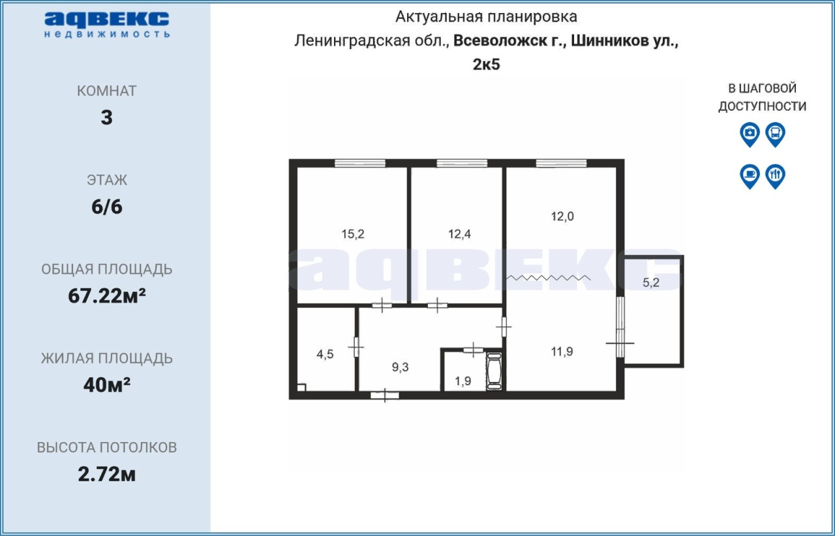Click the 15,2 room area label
[x=353, y=234]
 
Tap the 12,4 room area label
[x=459, y=234]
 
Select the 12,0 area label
[x=562, y=216]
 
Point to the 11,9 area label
[x=562, y=351]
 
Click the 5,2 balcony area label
[x=651, y=282]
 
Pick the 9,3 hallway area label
[x=400, y=367]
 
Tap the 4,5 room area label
[x=325, y=354]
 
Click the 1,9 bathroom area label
[x=463, y=381]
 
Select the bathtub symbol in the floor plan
[x=494, y=371]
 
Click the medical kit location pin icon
[x=750, y=134]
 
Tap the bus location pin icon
[x=776, y=134]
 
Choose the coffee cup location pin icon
[x=750, y=176]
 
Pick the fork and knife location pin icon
[x=776, y=176]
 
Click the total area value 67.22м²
[x=106, y=296]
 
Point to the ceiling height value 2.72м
[x=106, y=474]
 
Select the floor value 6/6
[x=106, y=207]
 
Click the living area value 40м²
[x=106, y=385]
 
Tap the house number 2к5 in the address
[x=486, y=65]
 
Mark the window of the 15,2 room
[x=359, y=163]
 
